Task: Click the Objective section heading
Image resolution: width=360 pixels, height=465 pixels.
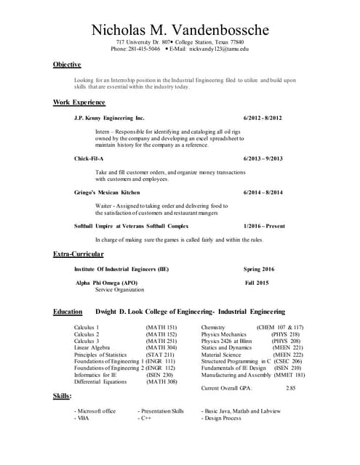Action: point(67,65)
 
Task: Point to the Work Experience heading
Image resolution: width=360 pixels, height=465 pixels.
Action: point(79,102)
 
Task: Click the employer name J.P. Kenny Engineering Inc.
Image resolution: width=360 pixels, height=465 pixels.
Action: point(109,118)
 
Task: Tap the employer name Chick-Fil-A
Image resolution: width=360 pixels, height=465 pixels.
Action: point(89,158)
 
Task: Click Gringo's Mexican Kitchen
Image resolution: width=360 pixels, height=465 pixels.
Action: point(107,193)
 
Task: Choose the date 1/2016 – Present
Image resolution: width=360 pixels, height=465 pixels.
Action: point(265,227)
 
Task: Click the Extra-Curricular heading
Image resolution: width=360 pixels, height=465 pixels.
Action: point(79,254)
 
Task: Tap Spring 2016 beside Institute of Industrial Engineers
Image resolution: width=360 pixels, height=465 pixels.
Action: point(259,270)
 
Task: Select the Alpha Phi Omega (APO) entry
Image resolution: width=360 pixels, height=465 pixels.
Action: point(106,283)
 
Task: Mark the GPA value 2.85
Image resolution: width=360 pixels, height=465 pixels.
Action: point(291,389)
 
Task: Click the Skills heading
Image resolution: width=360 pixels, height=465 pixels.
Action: point(63,396)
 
